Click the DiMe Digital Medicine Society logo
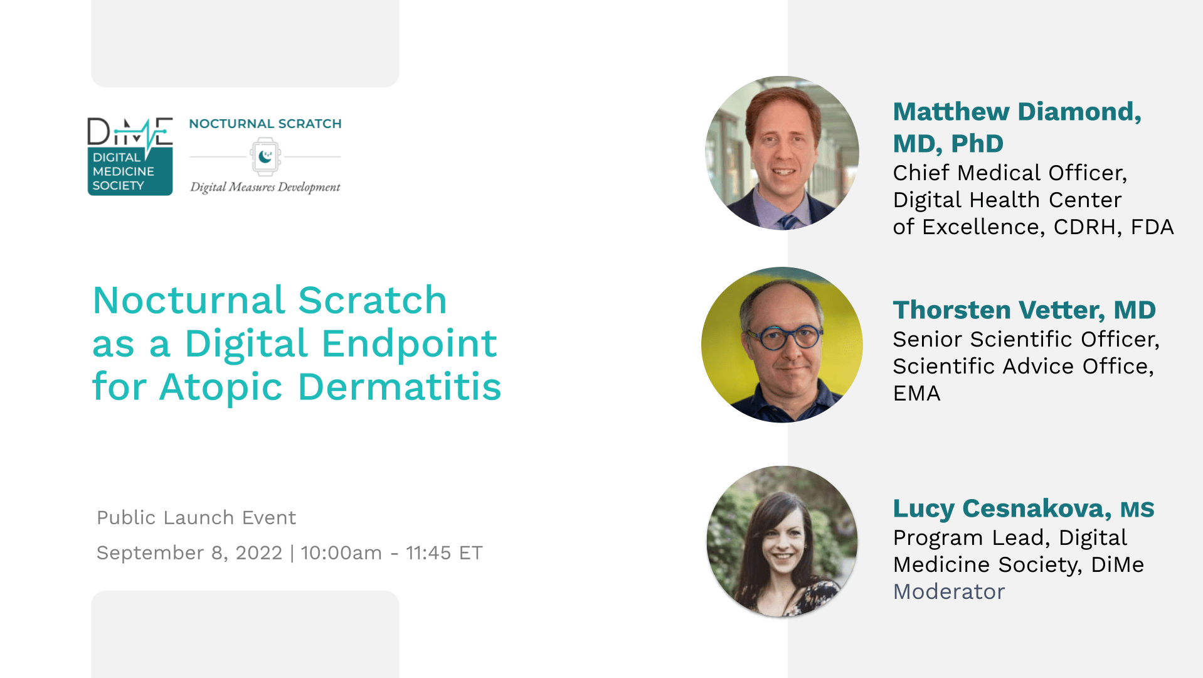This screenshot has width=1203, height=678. (x=130, y=156)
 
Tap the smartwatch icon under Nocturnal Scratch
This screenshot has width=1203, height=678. (x=265, y=156)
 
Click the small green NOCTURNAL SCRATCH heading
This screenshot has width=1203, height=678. (x=265, y=124)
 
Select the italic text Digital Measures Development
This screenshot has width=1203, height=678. (x=265, y=187)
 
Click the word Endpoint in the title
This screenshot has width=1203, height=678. (x=410, y=343)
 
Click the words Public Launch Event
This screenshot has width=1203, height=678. (x=196, y=517)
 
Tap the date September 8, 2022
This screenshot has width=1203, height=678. (x=189, y=552)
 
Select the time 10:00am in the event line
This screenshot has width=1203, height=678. (x=341, y=552)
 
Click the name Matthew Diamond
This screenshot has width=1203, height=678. (x=1016, y=112)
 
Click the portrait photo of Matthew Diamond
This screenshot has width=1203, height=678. (x=782, y=153)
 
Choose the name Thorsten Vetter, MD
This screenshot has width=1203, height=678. (x=1024, y=309)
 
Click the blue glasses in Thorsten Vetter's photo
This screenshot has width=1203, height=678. (x=782, y=338)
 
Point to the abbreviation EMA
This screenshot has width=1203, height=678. (x=916, y=393)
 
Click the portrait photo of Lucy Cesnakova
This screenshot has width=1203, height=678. (x=782, y=541)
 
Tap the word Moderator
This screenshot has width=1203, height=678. (x=948, y=591)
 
